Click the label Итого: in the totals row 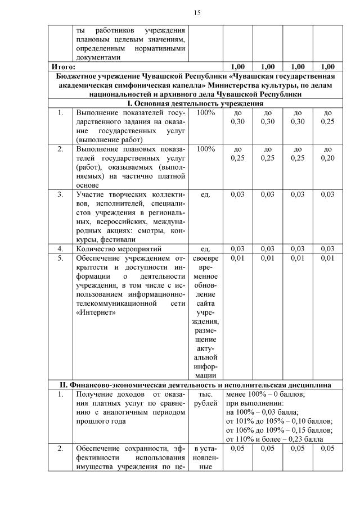[60, 66]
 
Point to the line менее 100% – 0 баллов [265, 394]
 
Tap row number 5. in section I [60, 257]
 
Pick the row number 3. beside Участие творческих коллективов [60, 194]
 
